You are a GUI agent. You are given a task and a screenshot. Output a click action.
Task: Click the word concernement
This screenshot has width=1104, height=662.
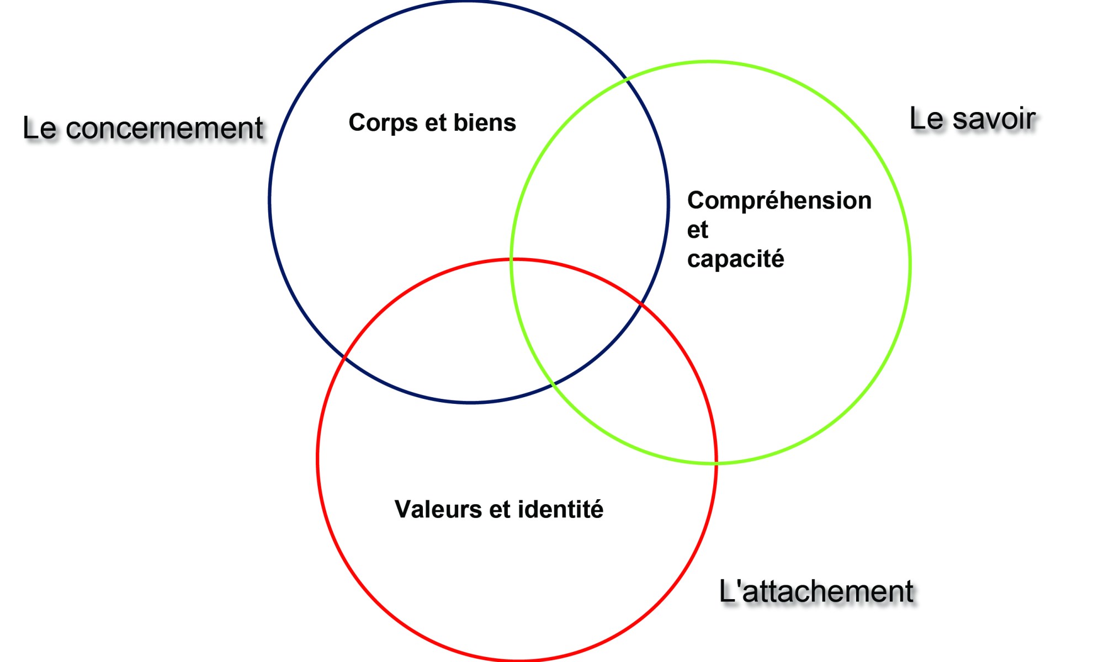click(164, 129)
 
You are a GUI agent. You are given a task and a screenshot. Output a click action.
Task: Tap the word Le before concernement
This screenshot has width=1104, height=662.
click(39, 128)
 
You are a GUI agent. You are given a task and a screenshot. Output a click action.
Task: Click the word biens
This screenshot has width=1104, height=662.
click(485, 122)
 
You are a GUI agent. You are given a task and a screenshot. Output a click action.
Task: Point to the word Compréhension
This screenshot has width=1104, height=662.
click(779, 201)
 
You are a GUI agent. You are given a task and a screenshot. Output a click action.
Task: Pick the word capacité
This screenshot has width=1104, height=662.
click(735, 259)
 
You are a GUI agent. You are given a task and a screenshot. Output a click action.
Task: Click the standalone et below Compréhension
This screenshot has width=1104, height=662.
click(697, 230)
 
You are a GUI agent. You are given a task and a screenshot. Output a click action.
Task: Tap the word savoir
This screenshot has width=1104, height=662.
click(994, 119)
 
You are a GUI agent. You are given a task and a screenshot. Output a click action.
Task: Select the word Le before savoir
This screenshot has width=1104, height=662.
click(926, 119)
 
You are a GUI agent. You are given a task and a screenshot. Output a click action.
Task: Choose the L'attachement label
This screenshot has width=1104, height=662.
click(816, 591)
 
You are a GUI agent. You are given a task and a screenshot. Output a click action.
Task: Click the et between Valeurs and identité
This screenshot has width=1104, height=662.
click(500, 510)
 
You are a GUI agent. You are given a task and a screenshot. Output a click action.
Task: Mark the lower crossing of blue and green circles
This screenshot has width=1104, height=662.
click(553, 384)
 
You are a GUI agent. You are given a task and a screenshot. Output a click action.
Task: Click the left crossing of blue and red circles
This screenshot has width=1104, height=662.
click(344, 357)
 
